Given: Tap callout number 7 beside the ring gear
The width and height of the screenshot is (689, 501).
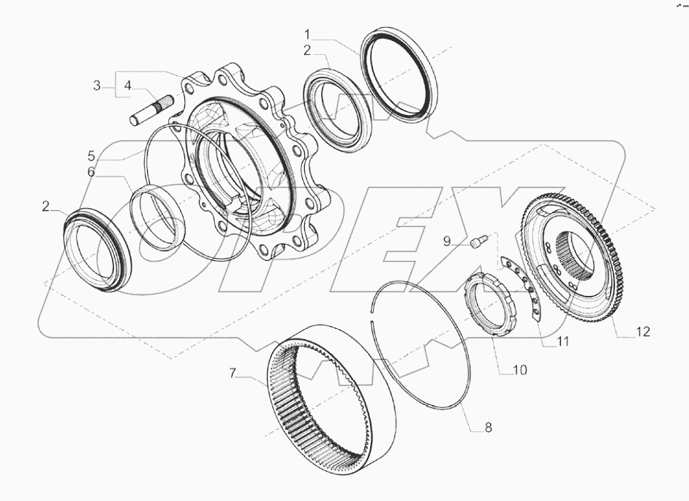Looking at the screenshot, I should click(x=234, y=374).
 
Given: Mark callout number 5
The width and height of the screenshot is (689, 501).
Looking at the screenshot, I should click(x=91, y=155).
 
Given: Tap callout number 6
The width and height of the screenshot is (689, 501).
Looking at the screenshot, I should click(x=91, y=172).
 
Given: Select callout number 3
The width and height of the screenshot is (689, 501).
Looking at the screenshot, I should click(x=97, y=86).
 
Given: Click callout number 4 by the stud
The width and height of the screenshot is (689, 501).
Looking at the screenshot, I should click(x=127, y=86).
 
